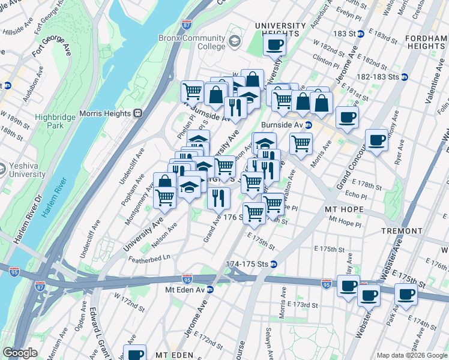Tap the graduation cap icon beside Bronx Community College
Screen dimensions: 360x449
pyautogui.click(x=234, y=42)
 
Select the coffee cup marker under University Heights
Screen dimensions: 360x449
pyautogui.click(x=274, y=44)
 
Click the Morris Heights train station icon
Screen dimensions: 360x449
pyautogui.click(x=137, y=113)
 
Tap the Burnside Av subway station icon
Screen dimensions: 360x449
pyautogui.click(x=309, y=125)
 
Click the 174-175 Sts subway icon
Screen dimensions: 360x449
pyautogui.click(x=274, y=264)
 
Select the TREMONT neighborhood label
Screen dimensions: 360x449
pyautogui.click(x=400, y=231)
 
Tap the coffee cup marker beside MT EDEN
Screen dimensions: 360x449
pyautogui.click(x=134, y=353)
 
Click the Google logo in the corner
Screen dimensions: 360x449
pyautogui.click(x=20, y=353)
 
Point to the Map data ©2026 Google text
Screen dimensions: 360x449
pyautogui.click(x=411, y=355)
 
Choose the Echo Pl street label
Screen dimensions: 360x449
pyautogui.click(x=356, y=195)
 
